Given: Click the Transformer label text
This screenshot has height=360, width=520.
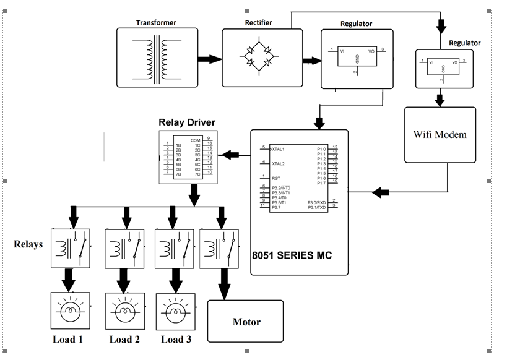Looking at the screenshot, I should (156, 22).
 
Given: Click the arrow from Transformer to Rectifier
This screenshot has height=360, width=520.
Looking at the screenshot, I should (210, 59).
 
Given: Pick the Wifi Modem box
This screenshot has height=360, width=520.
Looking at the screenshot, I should (440, 134).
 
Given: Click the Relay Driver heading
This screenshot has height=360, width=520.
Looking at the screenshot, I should (187, 122).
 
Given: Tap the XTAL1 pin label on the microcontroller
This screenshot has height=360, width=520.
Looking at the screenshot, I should (278, 149).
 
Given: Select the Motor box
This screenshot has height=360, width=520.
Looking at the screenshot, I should (246, 321).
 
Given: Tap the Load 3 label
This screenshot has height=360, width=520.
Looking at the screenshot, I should (176, 339).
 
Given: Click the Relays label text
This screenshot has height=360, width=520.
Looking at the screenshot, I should (28, 244).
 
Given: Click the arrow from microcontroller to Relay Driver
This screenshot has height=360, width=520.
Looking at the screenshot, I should (232, 155).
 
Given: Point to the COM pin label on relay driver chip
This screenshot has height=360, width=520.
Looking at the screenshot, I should (196, 140).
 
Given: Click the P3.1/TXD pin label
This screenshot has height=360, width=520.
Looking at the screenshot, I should (316, 207).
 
